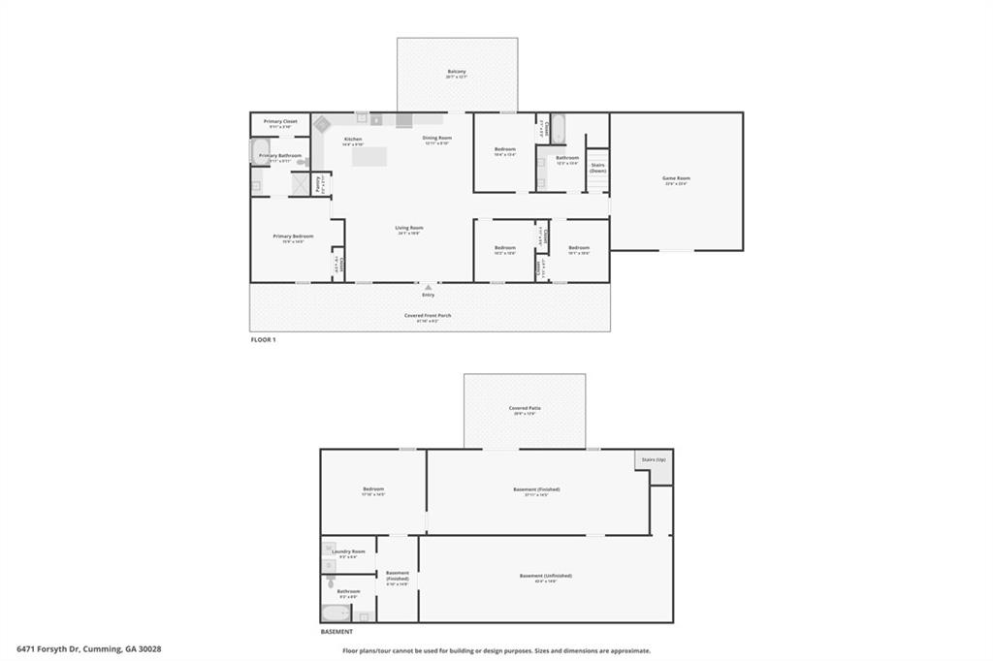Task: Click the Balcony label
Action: pyautogui.click(x=457, y=71)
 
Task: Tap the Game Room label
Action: pyautogui.click(x=676, y=178)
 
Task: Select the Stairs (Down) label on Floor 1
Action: pyautogui.click(x=597, y=168)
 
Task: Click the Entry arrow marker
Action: pyautogui.click(x=428, y=287)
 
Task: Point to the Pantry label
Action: pyautogui.click(x=319, y=184)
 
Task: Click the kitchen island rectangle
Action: pyautogui.click(x=369, y=156)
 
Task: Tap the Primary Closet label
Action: pyautogui.click(x=280, y=121)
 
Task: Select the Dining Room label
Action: pyautogui.click(x=437, y=138)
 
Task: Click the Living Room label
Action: pyautogui.click(x=409, y=228)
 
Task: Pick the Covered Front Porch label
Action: pyautogui.click(x=428, y=315)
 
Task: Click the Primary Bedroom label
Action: pyautogui.click(x=293, y=236)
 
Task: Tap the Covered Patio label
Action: pyautogui.click(x=525, y=408)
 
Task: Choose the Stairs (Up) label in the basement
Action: pyautogui.click(x=654, y=459)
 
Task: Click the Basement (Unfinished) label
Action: pyautogui.click(x=545, y=576)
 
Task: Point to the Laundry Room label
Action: pyautogui.click(x=348, y=551)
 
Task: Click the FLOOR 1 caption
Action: pyautogui.click(x=264, y=339)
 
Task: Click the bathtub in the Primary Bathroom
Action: pyautogui.click(x=261, y=152)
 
